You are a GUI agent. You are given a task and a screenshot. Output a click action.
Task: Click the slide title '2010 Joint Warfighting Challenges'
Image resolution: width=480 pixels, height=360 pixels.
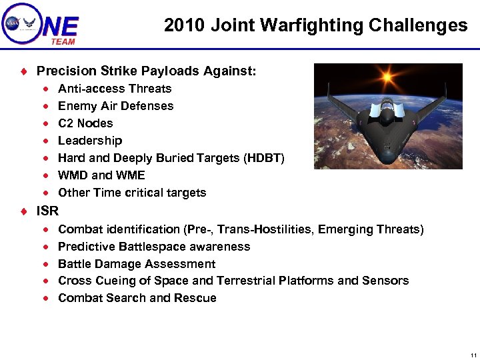click(315, 25)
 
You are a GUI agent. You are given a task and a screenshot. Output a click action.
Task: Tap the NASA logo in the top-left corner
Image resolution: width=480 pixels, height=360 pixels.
click(13, 23)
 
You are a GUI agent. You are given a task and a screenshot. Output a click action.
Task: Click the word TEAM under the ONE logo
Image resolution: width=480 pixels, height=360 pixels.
click(63, 41)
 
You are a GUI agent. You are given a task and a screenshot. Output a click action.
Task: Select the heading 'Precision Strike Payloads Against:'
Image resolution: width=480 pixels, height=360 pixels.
click(146, 71)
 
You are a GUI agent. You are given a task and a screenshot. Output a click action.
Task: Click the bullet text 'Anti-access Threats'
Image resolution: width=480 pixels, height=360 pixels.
click(115, 89)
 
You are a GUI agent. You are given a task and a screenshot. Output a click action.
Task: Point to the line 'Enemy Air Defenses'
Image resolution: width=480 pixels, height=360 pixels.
click(115, 106)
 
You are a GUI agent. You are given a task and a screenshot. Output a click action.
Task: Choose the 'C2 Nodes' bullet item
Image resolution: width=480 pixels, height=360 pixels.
click(85, 123)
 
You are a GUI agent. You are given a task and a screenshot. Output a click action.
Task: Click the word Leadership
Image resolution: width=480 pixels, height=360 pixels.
click(90, 141)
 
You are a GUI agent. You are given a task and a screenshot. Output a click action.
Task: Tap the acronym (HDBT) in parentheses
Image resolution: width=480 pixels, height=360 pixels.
click(264, 158)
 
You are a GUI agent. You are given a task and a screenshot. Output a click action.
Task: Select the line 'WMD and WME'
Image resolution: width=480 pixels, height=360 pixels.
click(101, 175)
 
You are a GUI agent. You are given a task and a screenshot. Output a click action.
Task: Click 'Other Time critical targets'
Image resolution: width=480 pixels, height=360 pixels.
click(132, 193)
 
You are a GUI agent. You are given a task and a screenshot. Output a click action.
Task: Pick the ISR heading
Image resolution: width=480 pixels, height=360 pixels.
click(47, 211)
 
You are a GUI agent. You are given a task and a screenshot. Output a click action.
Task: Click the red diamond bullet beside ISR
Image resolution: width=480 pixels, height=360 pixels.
click(23, 212)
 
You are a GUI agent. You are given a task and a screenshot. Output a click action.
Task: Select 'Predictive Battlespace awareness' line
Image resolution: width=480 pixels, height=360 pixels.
click(154, 247)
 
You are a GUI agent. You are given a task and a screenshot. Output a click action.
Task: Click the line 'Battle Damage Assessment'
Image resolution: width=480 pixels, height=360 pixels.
click(137, 264)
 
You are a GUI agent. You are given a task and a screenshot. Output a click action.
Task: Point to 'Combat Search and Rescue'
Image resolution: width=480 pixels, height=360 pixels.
click(137, 298)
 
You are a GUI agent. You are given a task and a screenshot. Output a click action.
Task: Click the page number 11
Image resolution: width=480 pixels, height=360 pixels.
click(473, 355)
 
